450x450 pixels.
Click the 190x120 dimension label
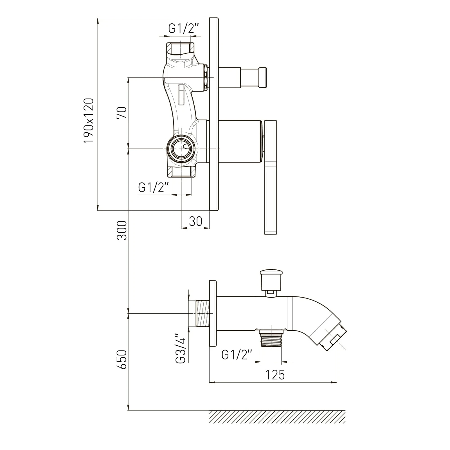[89, 120]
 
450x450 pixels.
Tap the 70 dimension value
[122, 113]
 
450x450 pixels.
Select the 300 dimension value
[122, 230]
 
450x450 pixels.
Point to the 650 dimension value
[122, 359]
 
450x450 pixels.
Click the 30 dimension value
[195, 221]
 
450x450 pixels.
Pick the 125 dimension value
[275, 375]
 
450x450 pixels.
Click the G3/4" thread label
[181, 348]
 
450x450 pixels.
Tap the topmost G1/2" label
[184, 28]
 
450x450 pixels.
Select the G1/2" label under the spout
[237, 355]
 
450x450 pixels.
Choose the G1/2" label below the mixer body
[153, 187]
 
